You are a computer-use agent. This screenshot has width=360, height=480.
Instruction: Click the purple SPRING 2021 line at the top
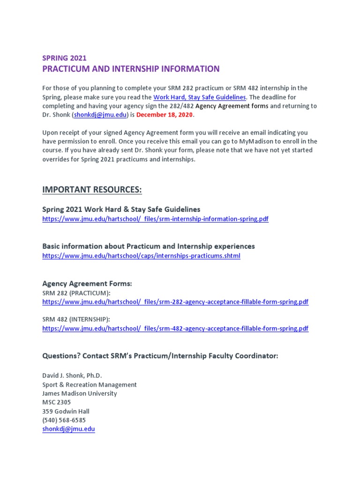(64, 58)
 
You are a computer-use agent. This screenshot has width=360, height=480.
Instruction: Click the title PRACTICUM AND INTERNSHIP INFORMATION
(131, 69)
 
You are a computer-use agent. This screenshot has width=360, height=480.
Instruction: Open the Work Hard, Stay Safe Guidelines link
(199, 97)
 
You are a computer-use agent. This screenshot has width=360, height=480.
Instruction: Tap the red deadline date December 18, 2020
(165, 115)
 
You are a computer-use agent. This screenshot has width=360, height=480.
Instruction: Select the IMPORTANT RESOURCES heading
(91, 189)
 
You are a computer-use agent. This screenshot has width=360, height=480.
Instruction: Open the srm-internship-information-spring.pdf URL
(155, 219)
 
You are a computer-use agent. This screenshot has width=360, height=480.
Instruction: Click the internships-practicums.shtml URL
(141, 256)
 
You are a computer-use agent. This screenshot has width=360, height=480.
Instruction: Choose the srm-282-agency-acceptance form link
(175, 302)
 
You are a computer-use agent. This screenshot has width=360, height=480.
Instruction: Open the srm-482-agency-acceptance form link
(175, 329)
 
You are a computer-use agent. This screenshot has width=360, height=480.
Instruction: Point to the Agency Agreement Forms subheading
(87, 284)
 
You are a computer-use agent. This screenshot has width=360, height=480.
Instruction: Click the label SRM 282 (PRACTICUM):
(76, 293)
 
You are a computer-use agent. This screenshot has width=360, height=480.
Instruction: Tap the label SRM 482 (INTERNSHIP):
(76, 319)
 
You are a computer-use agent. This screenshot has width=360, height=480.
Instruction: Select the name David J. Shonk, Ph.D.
(72, 375)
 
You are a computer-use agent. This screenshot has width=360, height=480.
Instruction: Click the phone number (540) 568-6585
(64, 420)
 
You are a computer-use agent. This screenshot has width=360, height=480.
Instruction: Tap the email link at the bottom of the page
(68, 429)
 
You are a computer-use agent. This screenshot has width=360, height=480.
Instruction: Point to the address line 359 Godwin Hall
(66, 411)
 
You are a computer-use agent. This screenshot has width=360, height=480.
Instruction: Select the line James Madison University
(80, 393)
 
